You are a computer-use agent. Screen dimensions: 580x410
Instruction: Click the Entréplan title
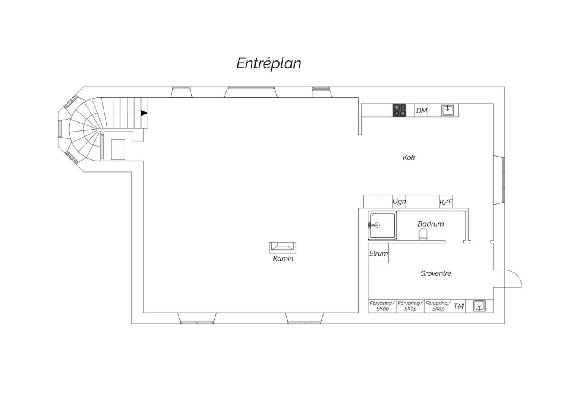pyautogui.click(x=268, y=63)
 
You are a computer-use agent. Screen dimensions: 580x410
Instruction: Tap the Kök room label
pyautogui.click(x=409, y=157)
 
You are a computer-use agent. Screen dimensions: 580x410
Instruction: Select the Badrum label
pyautogui.click(x=431, y=224)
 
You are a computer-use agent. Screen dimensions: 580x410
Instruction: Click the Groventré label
pyautogui.click(x=435, y=273)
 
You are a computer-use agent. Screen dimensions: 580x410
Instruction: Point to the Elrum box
pyautogui.click(x=378, y=253)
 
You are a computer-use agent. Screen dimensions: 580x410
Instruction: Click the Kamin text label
pyautogui.click(x=283, y=258)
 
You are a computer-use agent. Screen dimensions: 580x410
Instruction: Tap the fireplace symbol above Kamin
pyautogui.click(x=283, y=247)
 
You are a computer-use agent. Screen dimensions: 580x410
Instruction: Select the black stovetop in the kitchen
pyautogui.click(x=399, y=110)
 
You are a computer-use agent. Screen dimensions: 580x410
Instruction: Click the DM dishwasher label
pyautogui.click(x=421, y=111)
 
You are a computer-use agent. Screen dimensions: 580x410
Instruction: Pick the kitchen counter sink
pyautogui.click(x=447, y=110)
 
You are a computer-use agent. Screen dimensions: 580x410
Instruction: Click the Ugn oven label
pyautogui.click(x=399, y=202)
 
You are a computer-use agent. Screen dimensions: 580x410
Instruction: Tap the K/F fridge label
pyautogui.click(x=446, y=202)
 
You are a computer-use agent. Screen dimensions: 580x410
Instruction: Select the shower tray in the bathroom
pyautogui.click(x=383, y=226)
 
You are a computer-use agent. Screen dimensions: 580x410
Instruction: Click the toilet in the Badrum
pyautogui.click(x=423, y=234)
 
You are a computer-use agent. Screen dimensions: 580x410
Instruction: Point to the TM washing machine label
pyautogui.click(x=459, y=306)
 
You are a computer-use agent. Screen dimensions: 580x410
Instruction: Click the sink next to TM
pyautogui.click(x=479, y=306)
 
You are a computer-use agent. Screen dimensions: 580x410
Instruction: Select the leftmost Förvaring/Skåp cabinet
pyautogui.click(x=382, y=306)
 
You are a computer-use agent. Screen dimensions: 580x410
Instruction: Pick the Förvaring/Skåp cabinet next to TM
pyautogui.click(x=438, y=306)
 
